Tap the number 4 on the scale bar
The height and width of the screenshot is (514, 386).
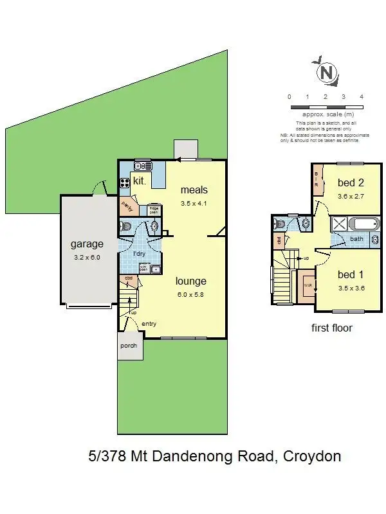(362, 96)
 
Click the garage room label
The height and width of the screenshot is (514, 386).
(87, 244)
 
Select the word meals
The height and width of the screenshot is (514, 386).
(194, 190)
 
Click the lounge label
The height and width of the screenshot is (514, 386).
(191, 281)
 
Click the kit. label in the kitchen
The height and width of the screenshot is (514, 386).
(140, 181)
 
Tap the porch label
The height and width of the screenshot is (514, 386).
(129, 345)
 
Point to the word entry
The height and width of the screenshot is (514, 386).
(149, 323)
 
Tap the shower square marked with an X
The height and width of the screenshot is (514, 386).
(338, 225)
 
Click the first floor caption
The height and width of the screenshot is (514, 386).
(332, 328)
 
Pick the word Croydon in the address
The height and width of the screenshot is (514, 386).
(311, 457)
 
